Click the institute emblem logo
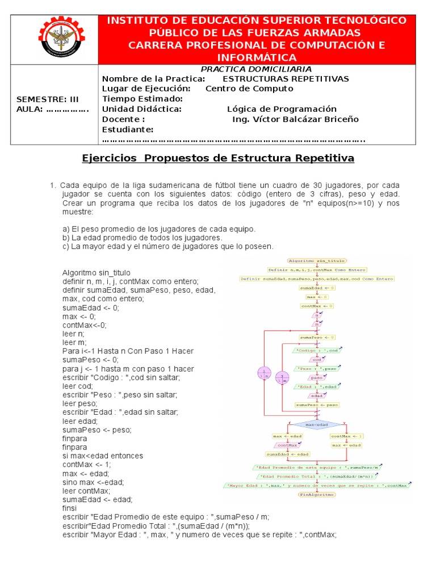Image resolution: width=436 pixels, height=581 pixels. tap(54, 40)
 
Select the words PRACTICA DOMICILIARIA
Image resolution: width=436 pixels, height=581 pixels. tap(257, 69)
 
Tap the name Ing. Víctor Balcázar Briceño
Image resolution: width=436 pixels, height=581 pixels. tap(295, 119)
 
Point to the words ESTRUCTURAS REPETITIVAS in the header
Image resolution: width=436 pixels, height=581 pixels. tap(286, 78)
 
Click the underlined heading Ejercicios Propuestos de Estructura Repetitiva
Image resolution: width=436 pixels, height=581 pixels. tap(219, 158)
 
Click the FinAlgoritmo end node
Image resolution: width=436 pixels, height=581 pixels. tap(317, 494)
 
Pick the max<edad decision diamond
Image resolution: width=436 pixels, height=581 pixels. tap(317, 424)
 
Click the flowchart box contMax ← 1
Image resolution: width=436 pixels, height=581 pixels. tap(346, 436)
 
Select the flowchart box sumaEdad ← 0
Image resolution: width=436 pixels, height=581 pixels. tap(317, 288)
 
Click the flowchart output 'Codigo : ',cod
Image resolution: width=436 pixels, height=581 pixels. tap(317, 351)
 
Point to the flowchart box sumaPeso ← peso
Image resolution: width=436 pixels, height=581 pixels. tap(317, 405)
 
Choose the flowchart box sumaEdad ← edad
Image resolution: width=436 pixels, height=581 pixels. tap(288, 454)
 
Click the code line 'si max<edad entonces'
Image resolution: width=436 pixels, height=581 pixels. tap(103, 456)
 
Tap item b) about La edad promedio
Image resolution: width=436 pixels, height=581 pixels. tap(142, 237)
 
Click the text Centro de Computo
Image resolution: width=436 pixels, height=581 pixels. tap(249, 89)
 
